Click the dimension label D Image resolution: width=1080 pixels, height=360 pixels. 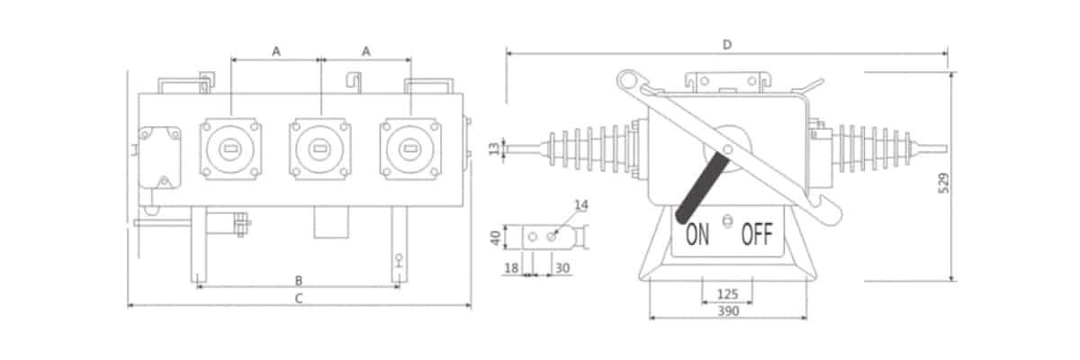[x=726, y=44]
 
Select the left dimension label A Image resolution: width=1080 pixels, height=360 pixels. [x=276, y=52]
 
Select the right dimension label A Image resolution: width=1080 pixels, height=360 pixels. [x=365, y=52]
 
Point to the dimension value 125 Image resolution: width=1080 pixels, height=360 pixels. [x=727, y=294]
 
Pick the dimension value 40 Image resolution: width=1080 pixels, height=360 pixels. [x=494, y=237]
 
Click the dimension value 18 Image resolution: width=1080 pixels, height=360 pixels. [x=511, y=268]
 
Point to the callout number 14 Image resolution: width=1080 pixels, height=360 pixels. [x=580, y=206]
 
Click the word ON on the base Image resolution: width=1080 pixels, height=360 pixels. [x=697, y=236]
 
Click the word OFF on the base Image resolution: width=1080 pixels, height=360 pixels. [x=756, y=236]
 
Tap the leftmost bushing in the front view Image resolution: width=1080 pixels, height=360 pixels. [x=230, y=148]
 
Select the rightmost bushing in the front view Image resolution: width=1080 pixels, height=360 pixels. [x=410, y=148]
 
